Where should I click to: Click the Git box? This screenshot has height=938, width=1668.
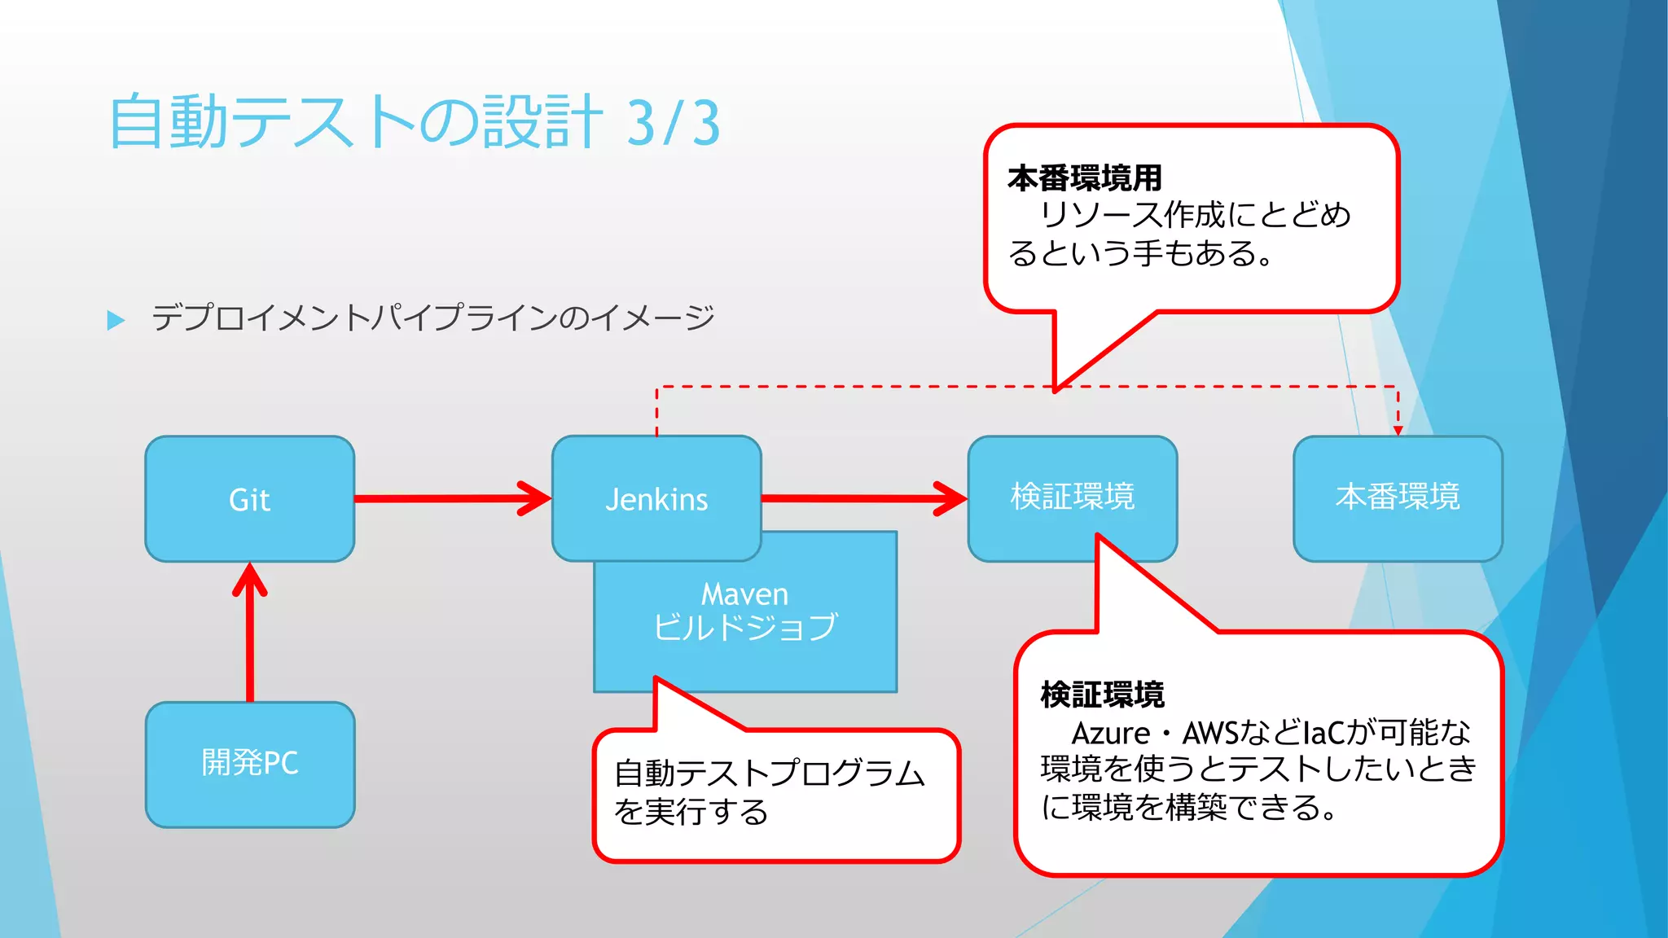[249, 499]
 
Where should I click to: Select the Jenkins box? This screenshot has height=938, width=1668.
[656, 499]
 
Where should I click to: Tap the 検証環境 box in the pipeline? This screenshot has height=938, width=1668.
[1072, 496]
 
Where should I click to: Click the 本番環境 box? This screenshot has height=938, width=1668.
[1398, 497]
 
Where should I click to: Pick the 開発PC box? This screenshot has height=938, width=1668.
[249, 764]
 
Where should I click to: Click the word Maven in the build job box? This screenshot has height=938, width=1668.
[744, 594]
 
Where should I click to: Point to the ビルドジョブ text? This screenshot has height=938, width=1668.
[744, 627]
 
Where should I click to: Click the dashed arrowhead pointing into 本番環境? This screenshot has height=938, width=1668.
[1398, 429]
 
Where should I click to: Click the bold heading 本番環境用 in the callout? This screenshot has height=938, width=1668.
[1084, 178]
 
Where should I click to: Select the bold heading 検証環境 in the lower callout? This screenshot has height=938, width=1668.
[1102, 695]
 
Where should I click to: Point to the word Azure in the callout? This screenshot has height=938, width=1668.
[1110, 734]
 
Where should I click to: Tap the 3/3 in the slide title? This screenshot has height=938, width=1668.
[673, 123]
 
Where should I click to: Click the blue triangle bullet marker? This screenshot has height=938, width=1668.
[116, 320]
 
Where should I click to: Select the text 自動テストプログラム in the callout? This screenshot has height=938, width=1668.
[769, 774]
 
